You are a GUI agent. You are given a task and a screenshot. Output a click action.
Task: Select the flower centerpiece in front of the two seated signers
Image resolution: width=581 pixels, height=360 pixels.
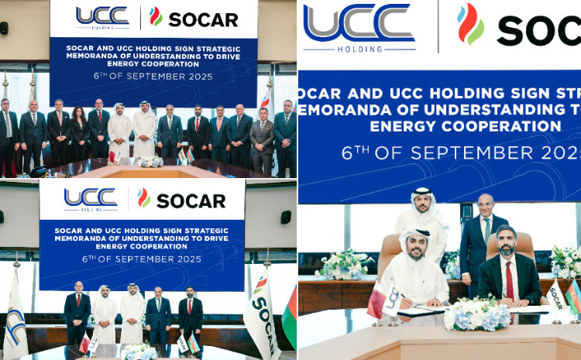pyautogui.click(x=476, y=314)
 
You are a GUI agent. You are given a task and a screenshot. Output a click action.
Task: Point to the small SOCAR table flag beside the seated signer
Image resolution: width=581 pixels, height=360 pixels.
pyautogui.click(x=555, y=294)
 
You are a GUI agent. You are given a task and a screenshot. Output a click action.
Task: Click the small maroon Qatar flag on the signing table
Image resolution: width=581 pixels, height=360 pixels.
pyautogui.click(x=376, y=298)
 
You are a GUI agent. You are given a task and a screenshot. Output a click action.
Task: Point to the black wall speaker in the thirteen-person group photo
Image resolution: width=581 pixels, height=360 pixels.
pyautogui.click(x=4, y=28)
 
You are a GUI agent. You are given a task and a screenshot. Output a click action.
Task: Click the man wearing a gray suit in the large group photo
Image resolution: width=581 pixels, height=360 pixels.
pyautogui.click(x=263, y=139)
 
